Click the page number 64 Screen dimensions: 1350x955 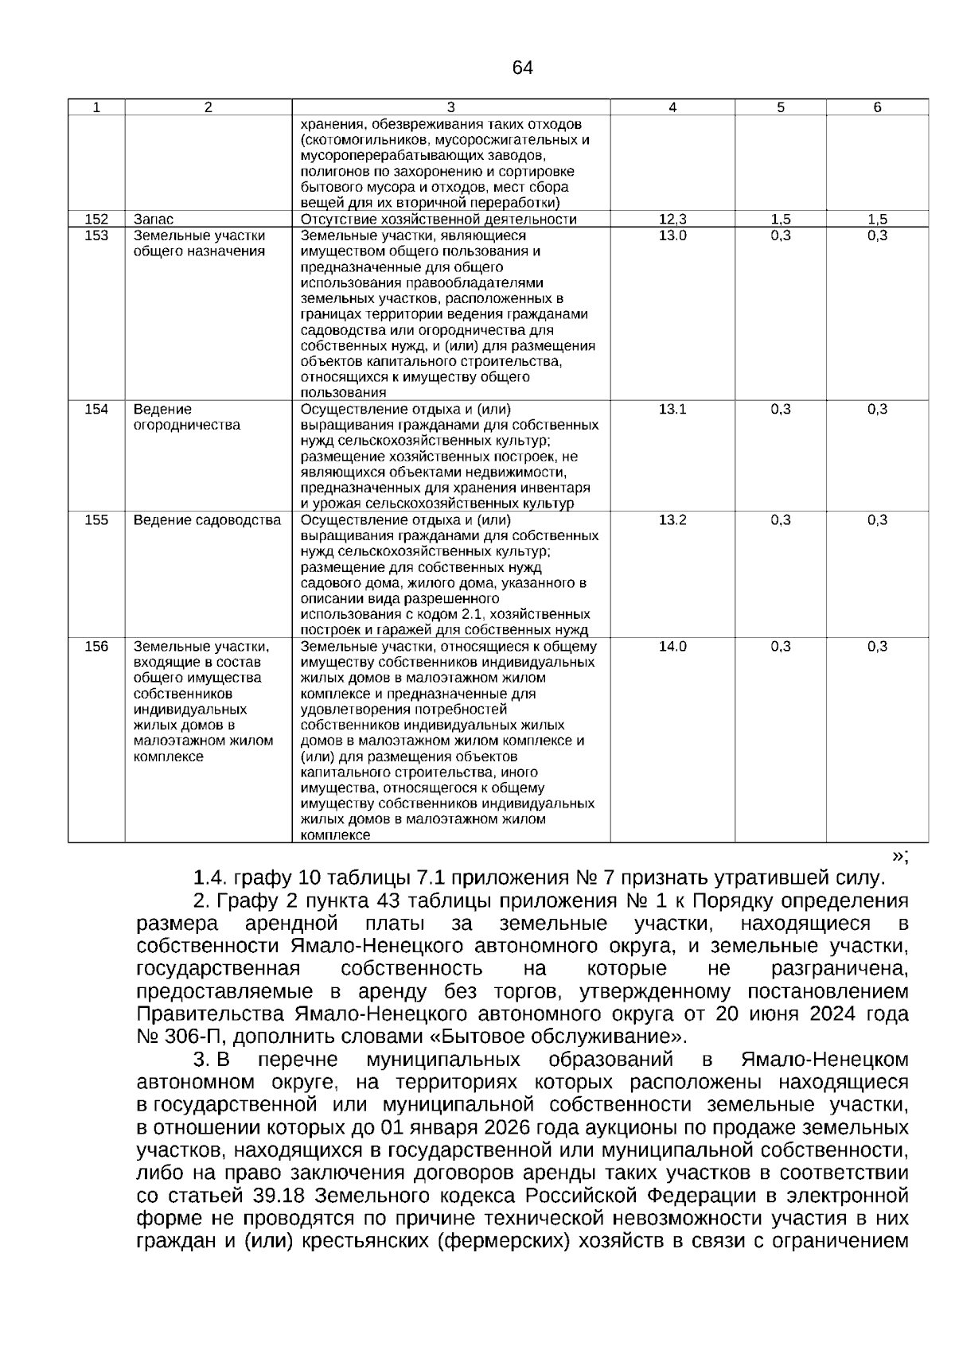coord(523,68)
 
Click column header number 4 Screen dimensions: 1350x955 coord(672,107)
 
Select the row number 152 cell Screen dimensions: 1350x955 coord(96,219)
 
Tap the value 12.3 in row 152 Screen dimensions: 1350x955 coord(672,219)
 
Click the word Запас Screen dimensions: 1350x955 coord(154,219)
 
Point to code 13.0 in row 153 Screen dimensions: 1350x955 coord(672,235)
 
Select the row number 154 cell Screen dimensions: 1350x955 coord(96,409)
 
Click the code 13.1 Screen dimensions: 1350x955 coord(672,409)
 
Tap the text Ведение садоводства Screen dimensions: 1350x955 coord(207,520)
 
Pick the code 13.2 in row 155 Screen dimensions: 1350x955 coord(672,520)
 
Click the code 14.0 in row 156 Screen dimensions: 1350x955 coord(672,647)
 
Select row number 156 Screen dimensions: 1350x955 coord(96,647)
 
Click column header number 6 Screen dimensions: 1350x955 coord(877,107)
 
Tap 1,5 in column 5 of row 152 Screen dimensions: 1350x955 coord(781,219)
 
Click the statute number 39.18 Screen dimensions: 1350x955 coord(283,1196)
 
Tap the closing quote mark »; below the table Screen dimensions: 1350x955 coord(900,856)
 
